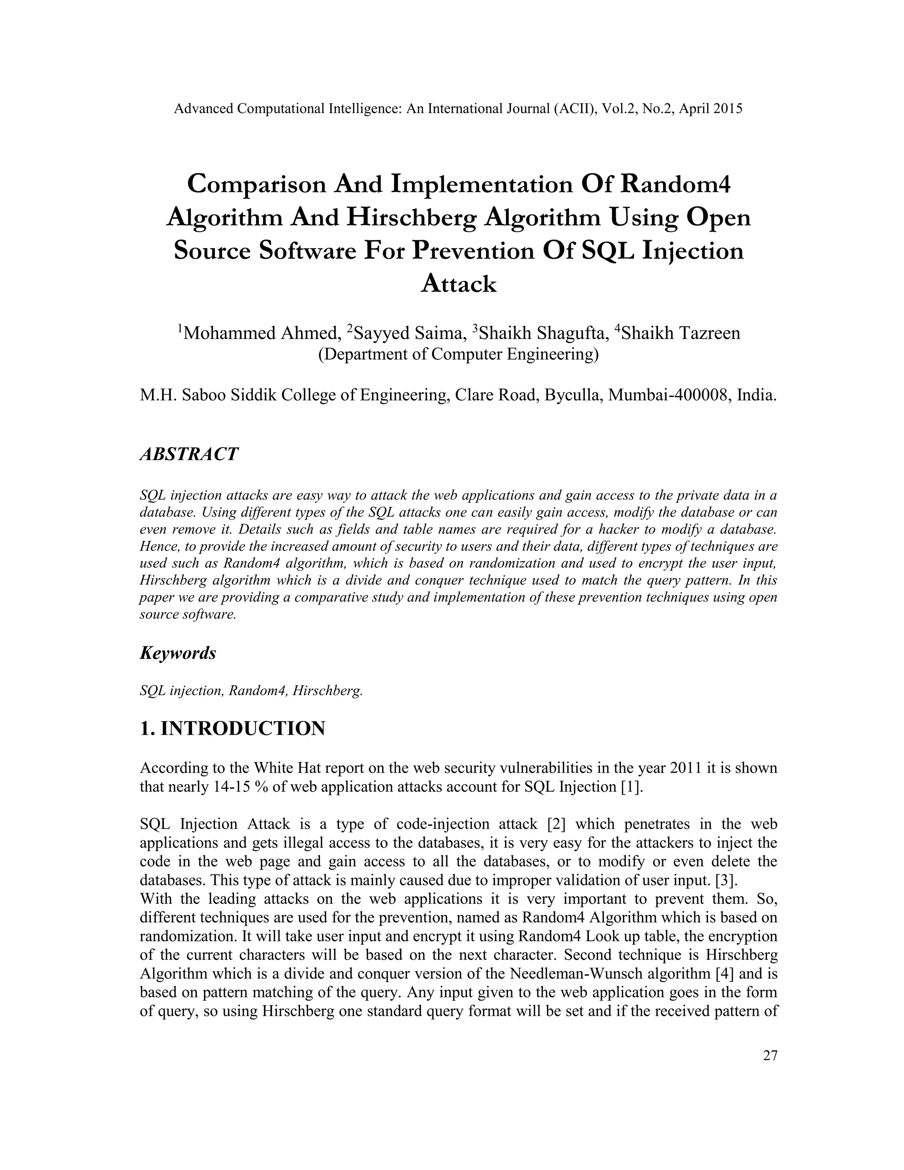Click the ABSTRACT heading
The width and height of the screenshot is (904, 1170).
point(188,454)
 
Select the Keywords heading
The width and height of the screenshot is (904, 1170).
point(178,653)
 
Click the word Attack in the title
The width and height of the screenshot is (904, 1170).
point(459,284)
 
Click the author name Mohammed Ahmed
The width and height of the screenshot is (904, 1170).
point(261,333)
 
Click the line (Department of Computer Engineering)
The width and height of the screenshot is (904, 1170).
point(459,354)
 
